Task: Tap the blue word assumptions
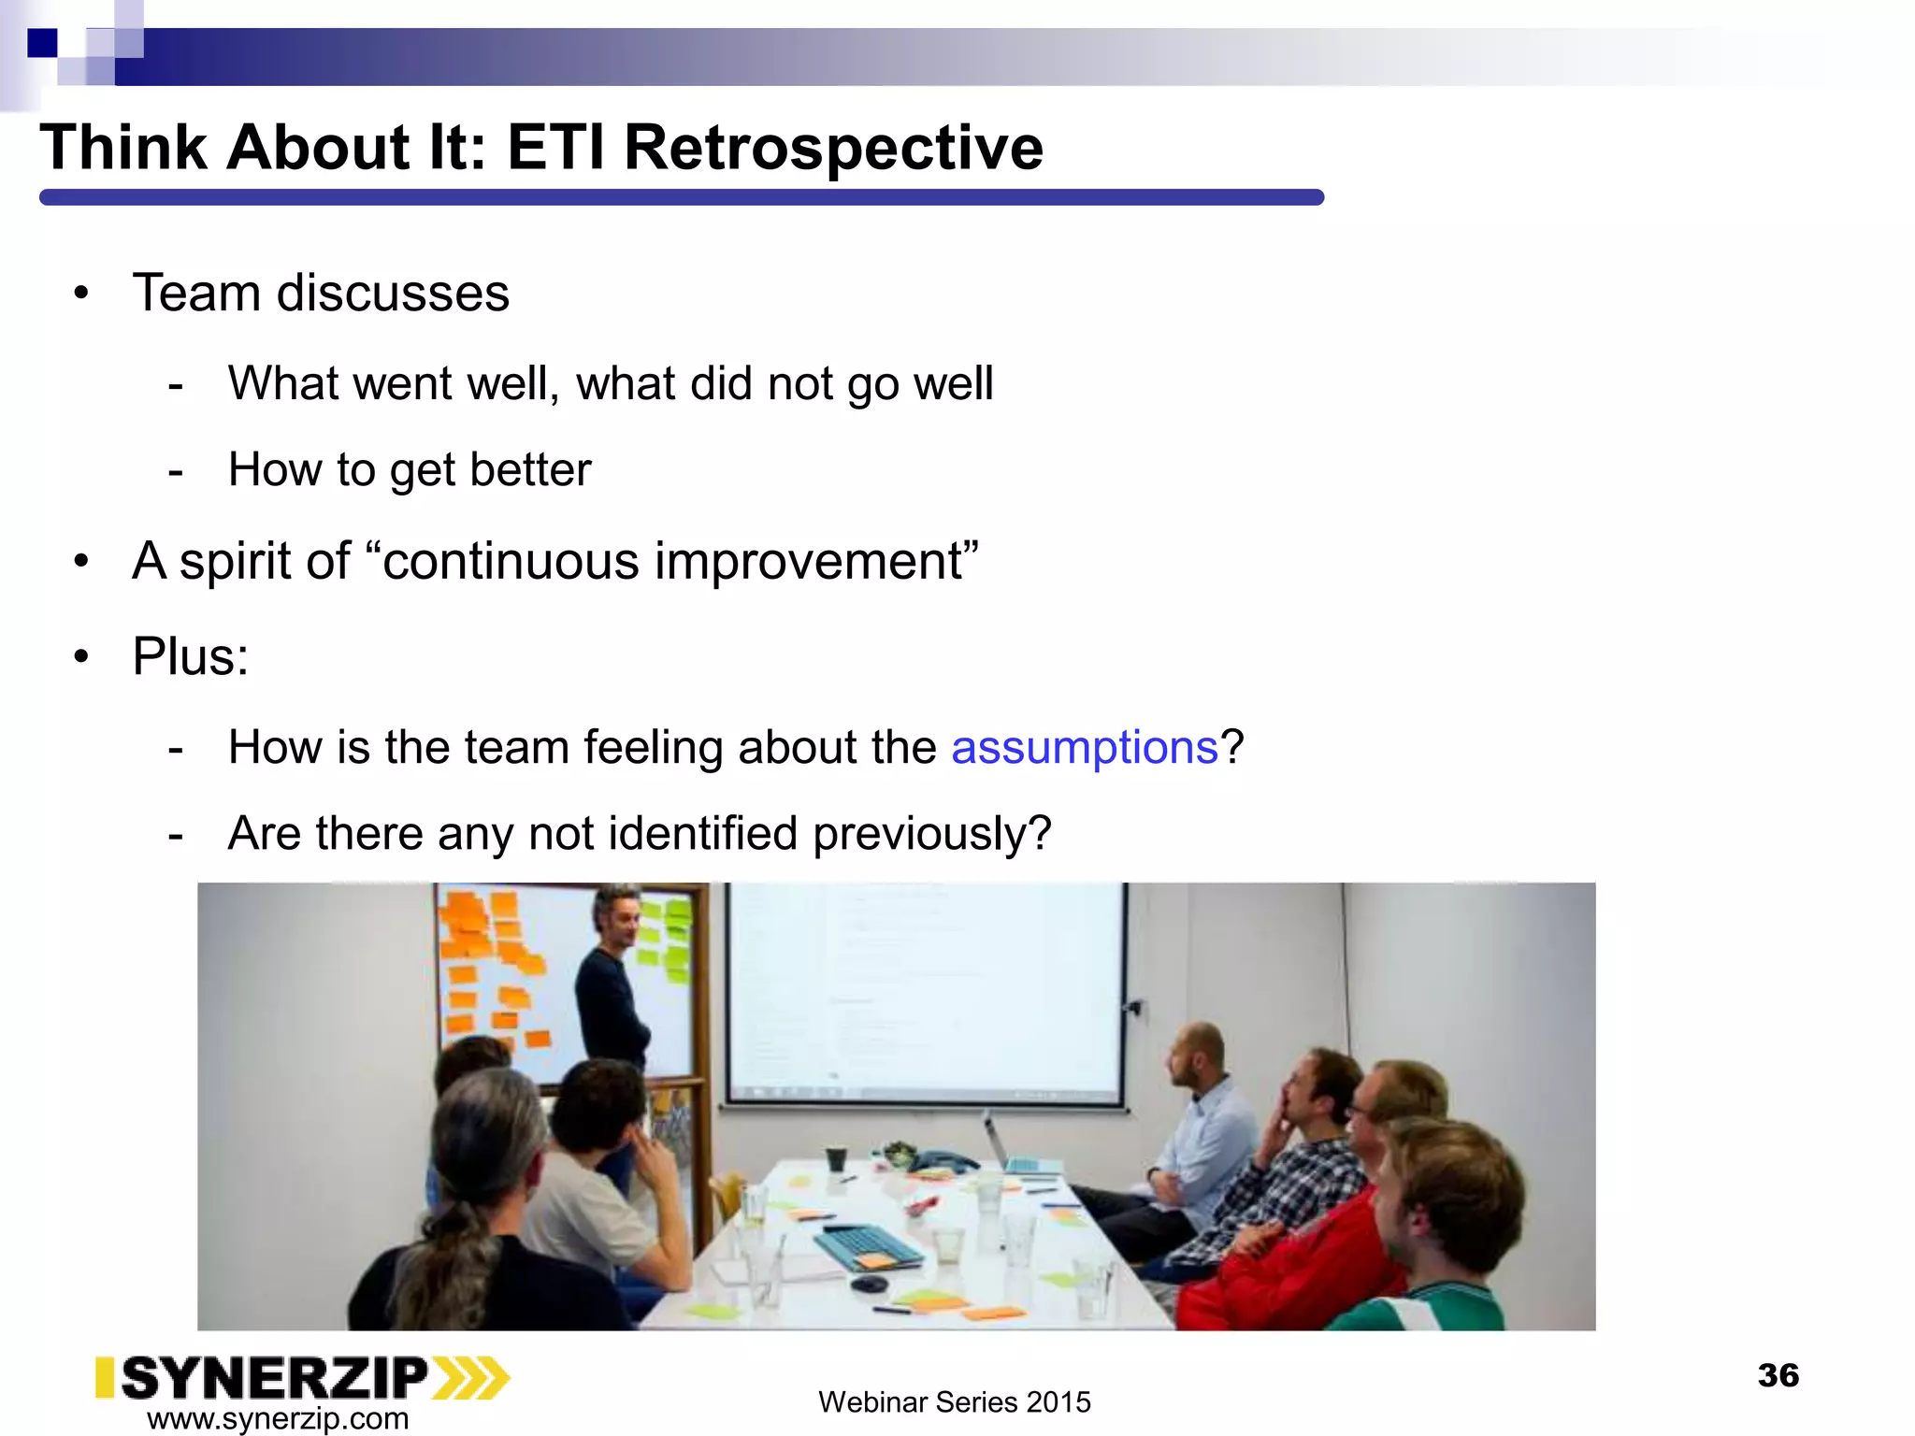1085,748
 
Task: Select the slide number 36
1778,1375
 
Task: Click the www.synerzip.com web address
278,1418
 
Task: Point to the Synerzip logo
301,1377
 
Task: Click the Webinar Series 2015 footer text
954,1402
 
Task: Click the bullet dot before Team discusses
82,294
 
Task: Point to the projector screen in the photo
926,991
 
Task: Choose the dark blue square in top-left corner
42,43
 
